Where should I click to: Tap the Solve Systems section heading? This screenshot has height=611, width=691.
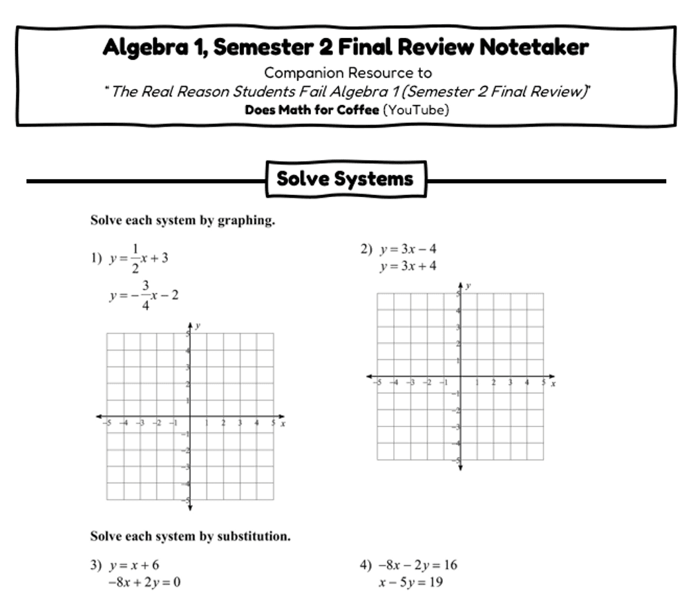tap(345, 179)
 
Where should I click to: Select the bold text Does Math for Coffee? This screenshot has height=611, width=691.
tap(312, 110)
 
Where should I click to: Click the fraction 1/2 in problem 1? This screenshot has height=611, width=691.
tap(135, 258)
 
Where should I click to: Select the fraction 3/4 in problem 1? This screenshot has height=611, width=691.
tap(145, 295)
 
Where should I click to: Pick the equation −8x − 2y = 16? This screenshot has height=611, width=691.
tap(417, 565)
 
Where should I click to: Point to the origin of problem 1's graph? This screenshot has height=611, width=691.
tap(190, 417)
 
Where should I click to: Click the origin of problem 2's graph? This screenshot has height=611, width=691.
tap(460, 377)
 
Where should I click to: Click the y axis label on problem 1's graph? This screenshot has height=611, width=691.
tap(198, 326)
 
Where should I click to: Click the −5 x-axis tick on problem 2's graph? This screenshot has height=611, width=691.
tap(377, 382)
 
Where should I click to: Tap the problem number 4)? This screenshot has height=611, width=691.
tap(366, 565)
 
